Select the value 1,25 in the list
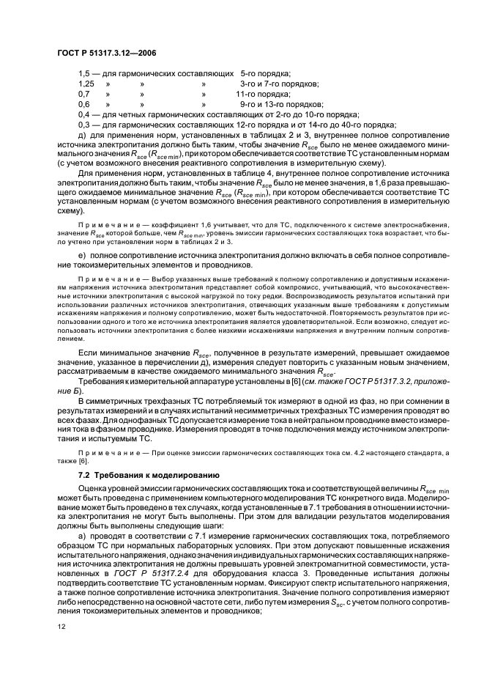(x=86, y=84)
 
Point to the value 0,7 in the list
(x=83, y=95)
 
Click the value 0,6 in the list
(x=83, y=105)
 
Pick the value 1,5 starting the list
(x=83, y=74)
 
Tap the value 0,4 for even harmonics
(x=83, y=115)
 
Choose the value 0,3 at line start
(x=83, y=125)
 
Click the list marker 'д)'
(x=82, y=135)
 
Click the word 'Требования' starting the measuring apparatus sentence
(x=103, y=381)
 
